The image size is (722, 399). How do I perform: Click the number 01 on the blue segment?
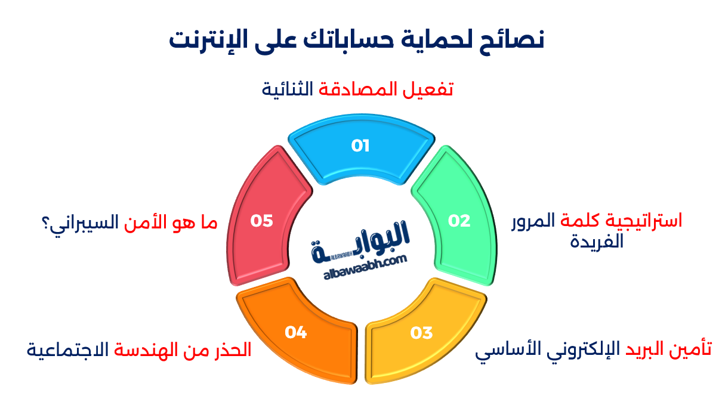[x=360, y=146]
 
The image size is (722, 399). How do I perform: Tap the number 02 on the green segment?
[x=459, y=221]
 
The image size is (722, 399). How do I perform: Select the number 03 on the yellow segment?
[x=421, y=333]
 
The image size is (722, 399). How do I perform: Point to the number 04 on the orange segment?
[x=295, y=332]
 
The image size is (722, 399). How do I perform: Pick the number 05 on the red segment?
[x=261, y=221]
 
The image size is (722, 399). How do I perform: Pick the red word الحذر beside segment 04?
[x=232, y=349]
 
